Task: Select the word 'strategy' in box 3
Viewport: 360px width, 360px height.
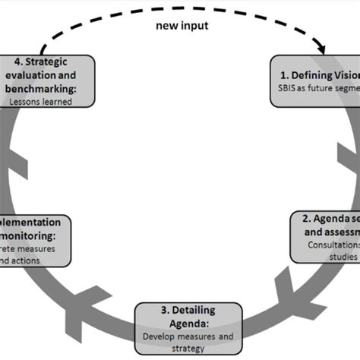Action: pyautogui.click(x=186, y=348)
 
